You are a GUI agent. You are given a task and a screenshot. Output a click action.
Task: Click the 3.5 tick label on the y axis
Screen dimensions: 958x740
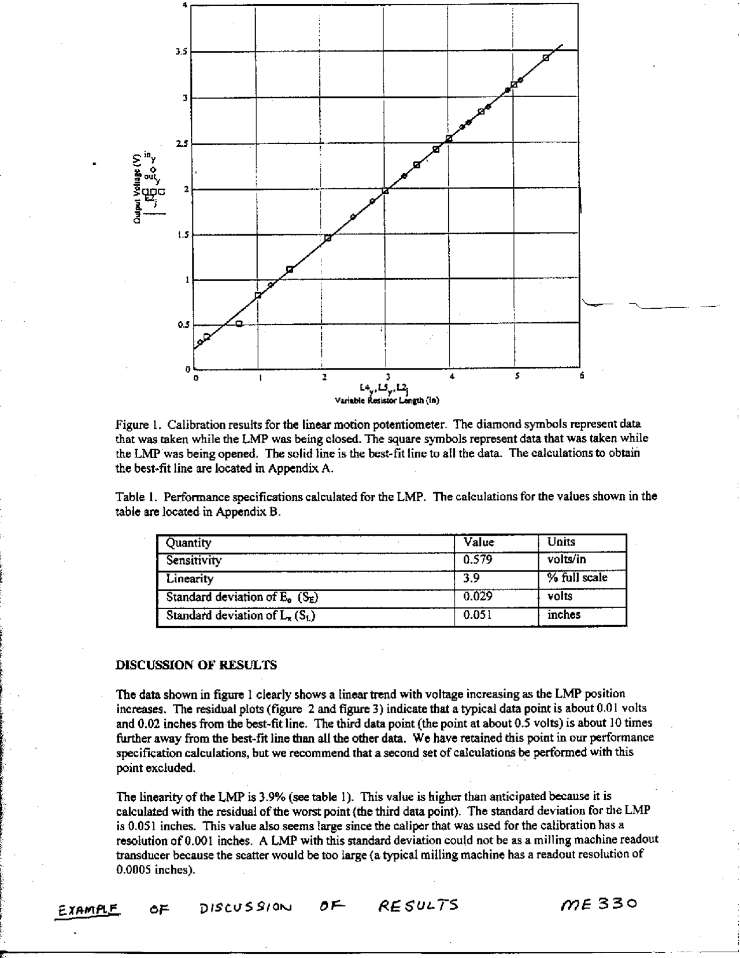tap(181, 52)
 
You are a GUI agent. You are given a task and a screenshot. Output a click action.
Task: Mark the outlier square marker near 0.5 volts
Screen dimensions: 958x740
tap(239, 323)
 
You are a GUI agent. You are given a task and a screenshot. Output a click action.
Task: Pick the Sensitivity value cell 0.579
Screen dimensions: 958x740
tap(478, 560)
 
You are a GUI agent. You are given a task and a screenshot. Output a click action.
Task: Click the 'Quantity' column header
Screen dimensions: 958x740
tap(188, 543)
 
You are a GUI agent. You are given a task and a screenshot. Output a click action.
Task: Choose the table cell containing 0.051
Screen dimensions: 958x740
tap(478, 615)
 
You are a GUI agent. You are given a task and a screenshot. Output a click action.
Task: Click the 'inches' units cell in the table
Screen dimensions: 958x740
tap(564, 615)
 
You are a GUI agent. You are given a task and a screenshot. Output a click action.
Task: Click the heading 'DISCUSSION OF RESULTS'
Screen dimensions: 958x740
tap(197, 665)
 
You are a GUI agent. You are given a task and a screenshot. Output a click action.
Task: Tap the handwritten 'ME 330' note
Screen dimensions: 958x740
tap(600, 902)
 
